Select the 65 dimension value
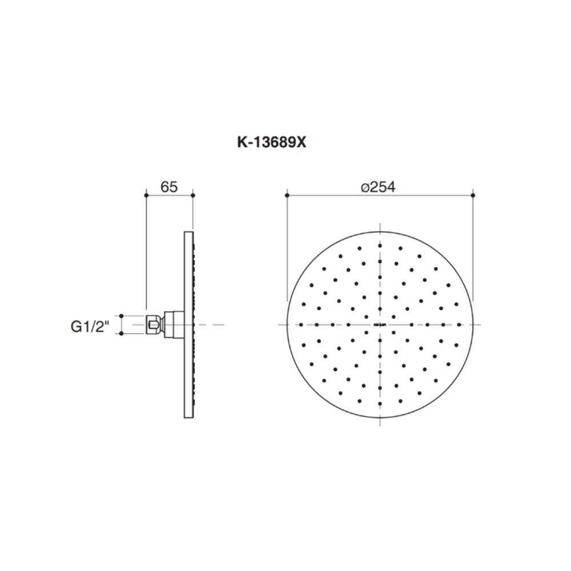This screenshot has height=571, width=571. point(170,187)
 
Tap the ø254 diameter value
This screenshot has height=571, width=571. point(379,187)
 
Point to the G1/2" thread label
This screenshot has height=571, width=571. point(89,326)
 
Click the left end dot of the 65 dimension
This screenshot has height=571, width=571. point(147,195)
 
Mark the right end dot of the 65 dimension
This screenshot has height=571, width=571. point(192,195)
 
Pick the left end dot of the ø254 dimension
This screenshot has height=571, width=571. point(286,195)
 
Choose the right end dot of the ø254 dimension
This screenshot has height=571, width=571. point(473,195)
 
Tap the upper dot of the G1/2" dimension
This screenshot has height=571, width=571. point(122,315)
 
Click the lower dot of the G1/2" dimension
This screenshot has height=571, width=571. point(122,334)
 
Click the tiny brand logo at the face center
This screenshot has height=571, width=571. point(380,325)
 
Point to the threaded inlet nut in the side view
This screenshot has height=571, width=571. point(152,324)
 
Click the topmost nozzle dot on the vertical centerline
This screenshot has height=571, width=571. point(380,244)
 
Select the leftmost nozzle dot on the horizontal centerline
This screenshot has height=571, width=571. point(300,324)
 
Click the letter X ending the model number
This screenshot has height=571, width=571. point(301,143)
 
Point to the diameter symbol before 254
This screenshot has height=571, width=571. point(365,187)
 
